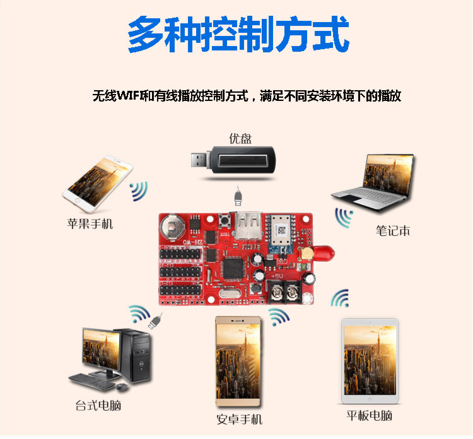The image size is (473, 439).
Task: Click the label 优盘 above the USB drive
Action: coord(240,139)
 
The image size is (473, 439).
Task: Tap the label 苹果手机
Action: coord(90,224)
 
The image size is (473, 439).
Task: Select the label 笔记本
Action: coord(393,231)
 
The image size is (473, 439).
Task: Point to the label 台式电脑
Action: coord(98,406)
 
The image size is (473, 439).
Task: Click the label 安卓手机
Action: coord(240,419)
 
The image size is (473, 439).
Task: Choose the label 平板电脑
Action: coord(370,416)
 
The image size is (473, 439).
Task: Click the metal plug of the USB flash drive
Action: coord(199,160)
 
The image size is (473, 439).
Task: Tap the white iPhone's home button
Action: coord(78,201)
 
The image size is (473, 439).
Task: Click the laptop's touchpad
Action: coord(353,199)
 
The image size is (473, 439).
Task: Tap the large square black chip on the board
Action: coord(233,269)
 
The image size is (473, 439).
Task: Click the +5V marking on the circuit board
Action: coord(276,276)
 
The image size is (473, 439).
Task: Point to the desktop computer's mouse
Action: coord(122,387)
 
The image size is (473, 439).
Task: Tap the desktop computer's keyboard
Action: coord(90,382)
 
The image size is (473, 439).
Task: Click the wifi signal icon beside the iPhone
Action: coord(139,191)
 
